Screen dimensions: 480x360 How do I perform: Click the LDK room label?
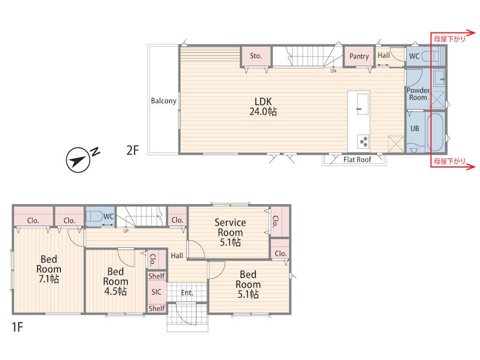[x=263, y=107]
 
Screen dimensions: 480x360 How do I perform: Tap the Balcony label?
[x=163, y=101]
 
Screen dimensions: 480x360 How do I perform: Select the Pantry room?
[x=359, y=56]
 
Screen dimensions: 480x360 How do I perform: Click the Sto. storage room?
[x=256, y=56]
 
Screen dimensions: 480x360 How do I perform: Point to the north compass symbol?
[x=79, y=159]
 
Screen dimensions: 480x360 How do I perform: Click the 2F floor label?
[x=133, y=151]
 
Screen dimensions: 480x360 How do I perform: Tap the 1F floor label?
[x=17, y=327]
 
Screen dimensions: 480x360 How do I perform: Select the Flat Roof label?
[x=357, y=160]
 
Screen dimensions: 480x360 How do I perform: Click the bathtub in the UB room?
[x=436, y=131]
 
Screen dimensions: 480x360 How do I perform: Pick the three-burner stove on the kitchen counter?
[x=363, y=142]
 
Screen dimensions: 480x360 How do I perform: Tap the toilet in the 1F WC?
[x=94, y=217]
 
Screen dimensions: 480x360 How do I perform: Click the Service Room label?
[x=230, y=232]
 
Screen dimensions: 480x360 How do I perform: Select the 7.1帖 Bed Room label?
[x=49, y=269]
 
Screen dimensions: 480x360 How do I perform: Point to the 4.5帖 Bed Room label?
[x=115, y=281]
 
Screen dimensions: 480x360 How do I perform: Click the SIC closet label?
[x=156, y=292]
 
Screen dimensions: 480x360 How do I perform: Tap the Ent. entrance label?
[x=187, y=293]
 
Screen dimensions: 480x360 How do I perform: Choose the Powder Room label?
[x=418, y=94]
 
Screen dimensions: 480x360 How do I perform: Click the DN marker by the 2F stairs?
[x=334, y=71]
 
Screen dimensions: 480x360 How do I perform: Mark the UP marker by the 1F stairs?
[x=126, y=231]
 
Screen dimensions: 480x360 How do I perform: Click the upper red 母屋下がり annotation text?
[x=449, y=38]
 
